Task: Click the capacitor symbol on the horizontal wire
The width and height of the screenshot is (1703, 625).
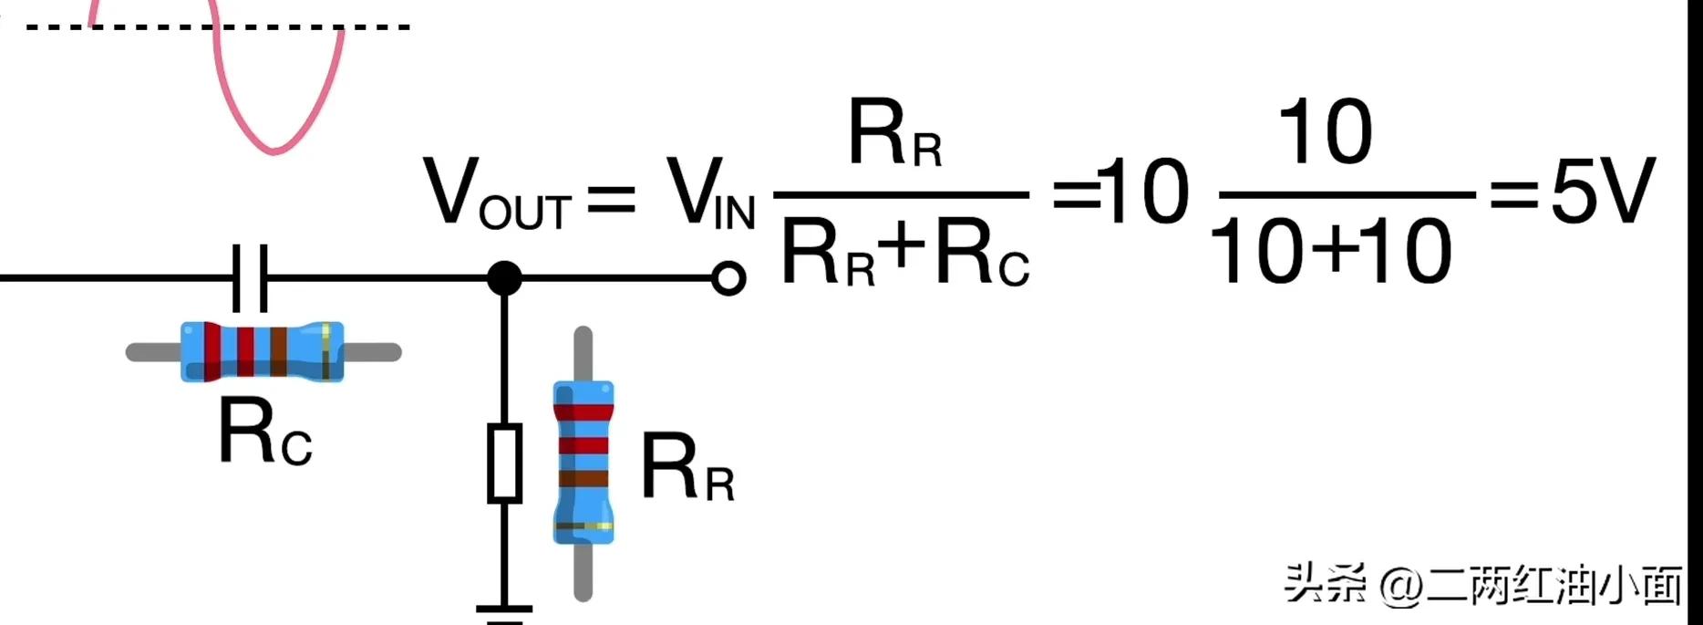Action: pyautogui.click(x=250, y=277)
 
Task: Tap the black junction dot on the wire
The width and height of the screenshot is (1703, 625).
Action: pyautogui.click(x=504, y=277)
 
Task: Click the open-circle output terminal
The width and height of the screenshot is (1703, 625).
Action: pyautogui.click(x=728, y=278)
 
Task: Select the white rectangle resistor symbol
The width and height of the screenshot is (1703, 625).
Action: pyautogui.click(x=504, y=463)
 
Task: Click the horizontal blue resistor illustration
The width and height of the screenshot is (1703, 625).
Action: pyautogui.click(x=263, y=351)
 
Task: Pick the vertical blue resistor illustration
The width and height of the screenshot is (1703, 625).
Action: pyautogui.click(x=583, y=464)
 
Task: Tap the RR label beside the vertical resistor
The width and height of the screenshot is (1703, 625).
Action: pyautogui.click(x=686, y=468)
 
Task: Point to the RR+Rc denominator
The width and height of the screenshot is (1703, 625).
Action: pyautogui.click(x=904, y=255)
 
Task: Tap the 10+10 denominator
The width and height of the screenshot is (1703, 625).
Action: pyautogui.click(x=1330, y=253)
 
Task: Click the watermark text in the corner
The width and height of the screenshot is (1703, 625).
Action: pyautogui.click(x=1481, y=584)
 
